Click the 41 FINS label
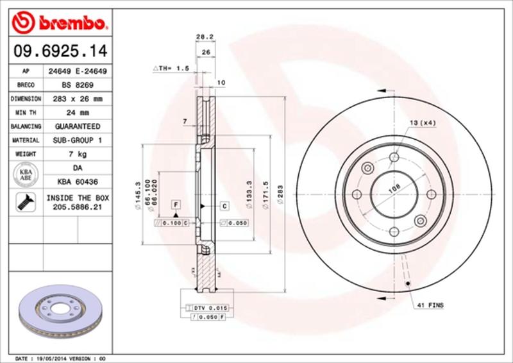430,305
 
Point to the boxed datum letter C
225,206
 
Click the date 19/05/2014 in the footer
51,357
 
